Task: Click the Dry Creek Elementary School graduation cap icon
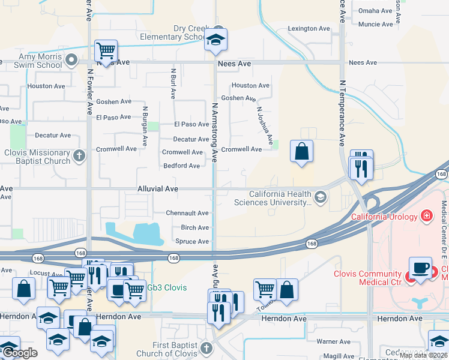point(215,40)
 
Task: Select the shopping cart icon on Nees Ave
point(106,51)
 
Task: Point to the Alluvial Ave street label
point(159,188)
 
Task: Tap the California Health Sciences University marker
point(321,197)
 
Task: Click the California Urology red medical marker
point(426,215)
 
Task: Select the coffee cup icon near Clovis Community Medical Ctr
point(420,268)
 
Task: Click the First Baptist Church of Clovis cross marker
point(206,348)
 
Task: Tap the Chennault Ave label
point(187,213)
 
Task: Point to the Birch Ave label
point(194,227)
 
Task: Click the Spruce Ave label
point(192,241)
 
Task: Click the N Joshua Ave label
point(265,125)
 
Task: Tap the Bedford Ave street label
point(182,166)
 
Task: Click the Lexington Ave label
point(309,28)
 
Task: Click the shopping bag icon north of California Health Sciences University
point(301,152)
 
